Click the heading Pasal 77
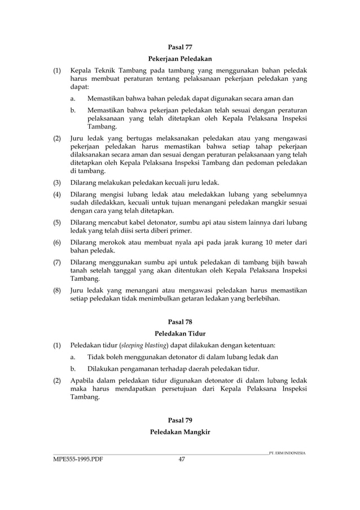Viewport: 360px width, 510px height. (x=180, y=47)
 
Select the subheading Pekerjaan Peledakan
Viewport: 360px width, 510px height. (x=180, y=59)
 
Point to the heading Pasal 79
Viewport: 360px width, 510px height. (x=180, y=420)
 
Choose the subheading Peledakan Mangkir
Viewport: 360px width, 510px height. (x=180, y=432)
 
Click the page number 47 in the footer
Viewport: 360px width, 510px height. (x=182, y=459)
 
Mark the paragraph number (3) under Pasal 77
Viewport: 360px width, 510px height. (x=57, y=182)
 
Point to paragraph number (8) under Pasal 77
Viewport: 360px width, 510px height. (x=57, y=290)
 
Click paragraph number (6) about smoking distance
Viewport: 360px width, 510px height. (x=57, y=242)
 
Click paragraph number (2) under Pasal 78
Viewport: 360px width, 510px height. (x=57, y=381)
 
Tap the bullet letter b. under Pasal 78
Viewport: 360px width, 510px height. (x=73, y=369)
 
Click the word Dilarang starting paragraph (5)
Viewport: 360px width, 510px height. (x=85, y=223)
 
